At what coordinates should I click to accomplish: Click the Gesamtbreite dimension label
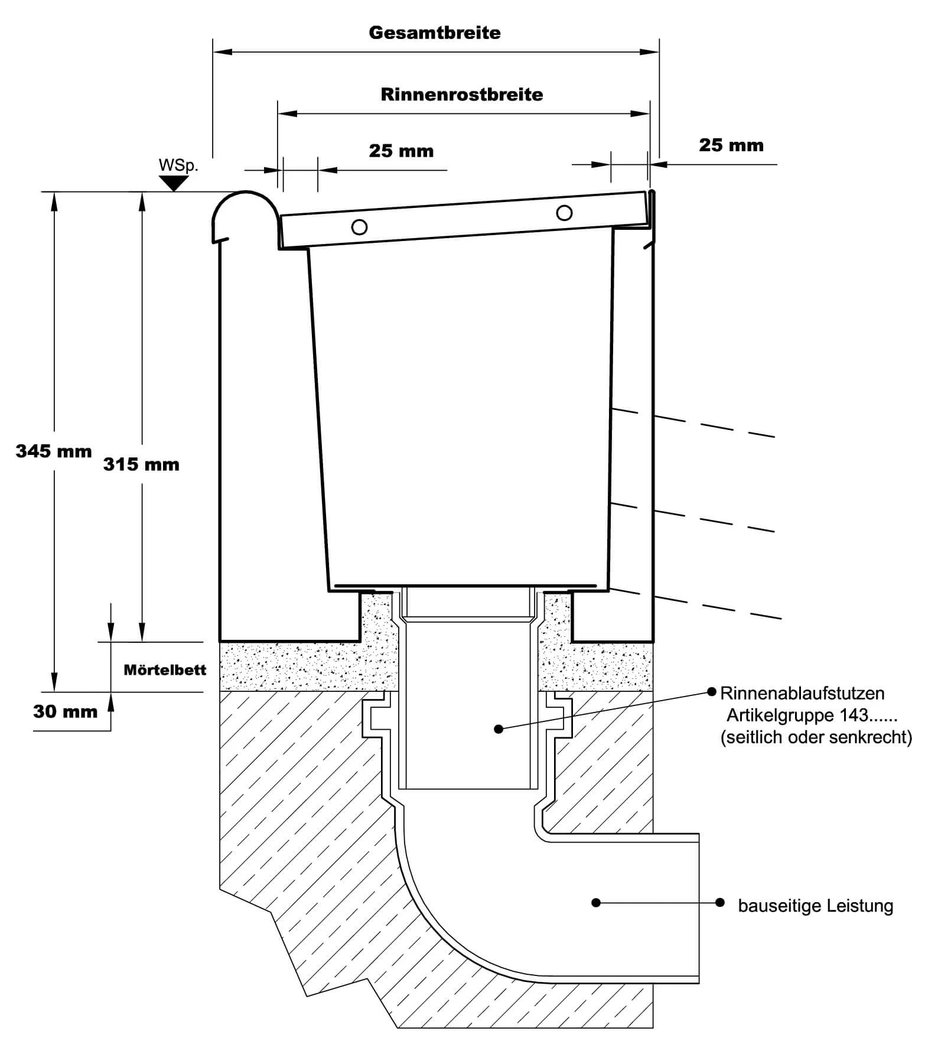point(435,32)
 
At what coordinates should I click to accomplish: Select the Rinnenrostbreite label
point(461,95)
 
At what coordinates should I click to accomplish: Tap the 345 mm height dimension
point(54,451)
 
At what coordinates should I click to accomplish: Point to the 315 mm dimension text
point(141,464)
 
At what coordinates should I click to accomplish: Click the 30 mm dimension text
point(65,711)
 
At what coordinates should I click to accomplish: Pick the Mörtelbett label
point(165,669)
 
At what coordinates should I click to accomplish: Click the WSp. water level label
point(178,165)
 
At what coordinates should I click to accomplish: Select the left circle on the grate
point(359,227)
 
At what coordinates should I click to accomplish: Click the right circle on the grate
point(564,212)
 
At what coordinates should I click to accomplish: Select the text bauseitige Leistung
point(815,906)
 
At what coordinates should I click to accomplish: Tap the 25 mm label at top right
point(731,145)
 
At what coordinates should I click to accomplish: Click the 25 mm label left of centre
point(401,151)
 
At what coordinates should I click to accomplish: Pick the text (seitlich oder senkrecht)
point(816,737)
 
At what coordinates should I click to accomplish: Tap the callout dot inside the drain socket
point(499,729)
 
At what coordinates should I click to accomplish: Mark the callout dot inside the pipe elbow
point(596,903)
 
